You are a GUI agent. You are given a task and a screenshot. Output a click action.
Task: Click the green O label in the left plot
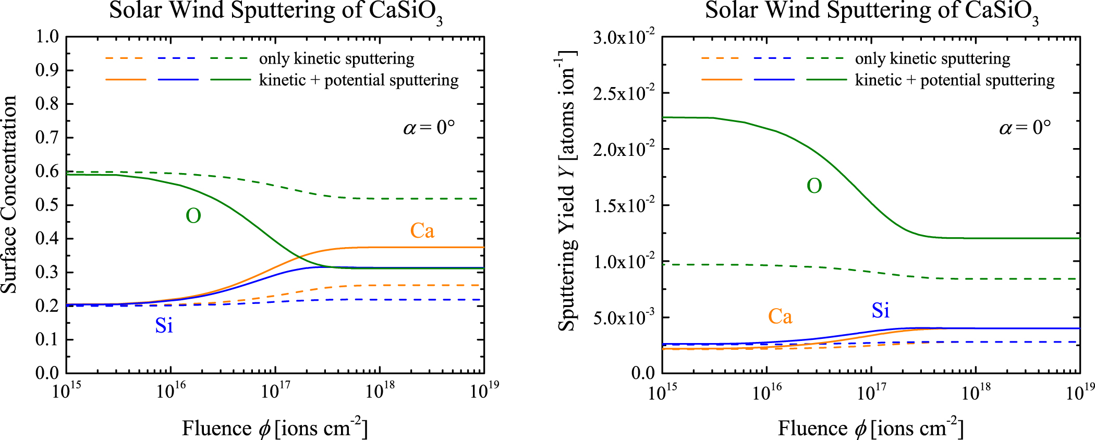tap(193, 216)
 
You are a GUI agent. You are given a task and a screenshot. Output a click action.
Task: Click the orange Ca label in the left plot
tap(422, 231)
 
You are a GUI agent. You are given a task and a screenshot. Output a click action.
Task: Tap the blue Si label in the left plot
tap(164, 326)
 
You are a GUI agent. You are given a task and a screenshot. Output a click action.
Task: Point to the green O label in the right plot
tap(814, 186)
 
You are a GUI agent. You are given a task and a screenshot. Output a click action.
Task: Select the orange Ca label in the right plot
tap(780, 316)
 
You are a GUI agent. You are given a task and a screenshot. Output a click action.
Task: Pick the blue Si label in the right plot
tap(881, 311)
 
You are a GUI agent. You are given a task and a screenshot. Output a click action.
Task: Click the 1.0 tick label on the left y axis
tap(47, 37)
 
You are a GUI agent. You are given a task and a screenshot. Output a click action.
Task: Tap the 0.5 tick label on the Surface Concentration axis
tap(47, 205)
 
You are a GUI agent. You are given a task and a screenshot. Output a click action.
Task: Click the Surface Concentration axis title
tap(9, 194)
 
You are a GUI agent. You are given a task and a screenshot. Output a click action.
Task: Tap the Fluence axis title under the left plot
tap(275, 428)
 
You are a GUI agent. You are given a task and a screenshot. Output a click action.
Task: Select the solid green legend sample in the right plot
tap(826, 80)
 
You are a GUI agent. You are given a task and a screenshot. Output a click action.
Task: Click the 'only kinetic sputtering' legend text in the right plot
tap(932, 59)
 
